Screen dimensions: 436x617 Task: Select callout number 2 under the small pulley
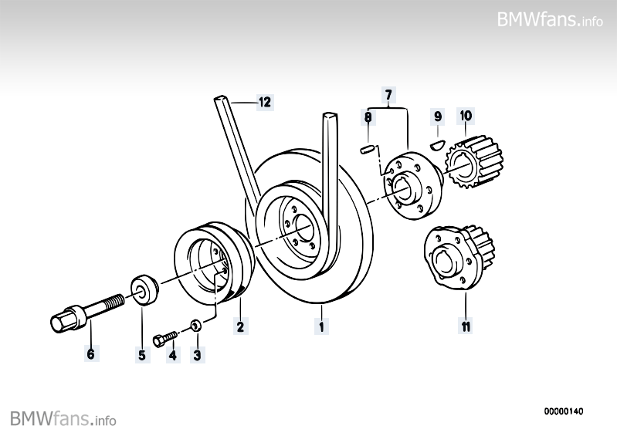(240, 326)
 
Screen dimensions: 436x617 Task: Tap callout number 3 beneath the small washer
(197, 355)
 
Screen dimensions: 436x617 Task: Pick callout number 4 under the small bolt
(172, 355)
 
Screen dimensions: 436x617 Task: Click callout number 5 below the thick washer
(142, 355)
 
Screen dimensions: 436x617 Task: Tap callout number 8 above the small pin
(368, 117)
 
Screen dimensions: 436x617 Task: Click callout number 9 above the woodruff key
(437, 117)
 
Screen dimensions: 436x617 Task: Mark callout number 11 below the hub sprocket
(465, 326)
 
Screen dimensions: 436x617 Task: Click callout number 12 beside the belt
(265, 101)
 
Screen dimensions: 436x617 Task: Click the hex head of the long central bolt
(62, 320)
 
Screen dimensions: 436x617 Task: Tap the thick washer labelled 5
(144, 289)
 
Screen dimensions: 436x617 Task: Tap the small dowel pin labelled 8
(368, 149)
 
